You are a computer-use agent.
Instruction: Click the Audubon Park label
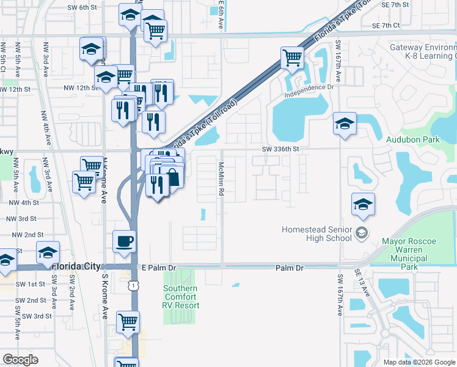(413, 139)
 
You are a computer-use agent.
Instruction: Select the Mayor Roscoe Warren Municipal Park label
(409, 254)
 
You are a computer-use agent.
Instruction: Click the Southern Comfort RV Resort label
(180, 297)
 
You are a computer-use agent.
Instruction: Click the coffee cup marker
(124, 241)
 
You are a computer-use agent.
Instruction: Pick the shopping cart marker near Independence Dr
(293, 58)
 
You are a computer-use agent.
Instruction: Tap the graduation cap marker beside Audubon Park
(345, 124)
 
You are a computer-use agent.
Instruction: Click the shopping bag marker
(173, 178)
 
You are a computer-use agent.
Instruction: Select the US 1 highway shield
(133, 285)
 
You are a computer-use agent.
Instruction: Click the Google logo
(20, 360)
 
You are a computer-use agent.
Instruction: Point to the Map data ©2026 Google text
(419, 362)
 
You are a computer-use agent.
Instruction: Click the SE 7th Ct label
(386, 26)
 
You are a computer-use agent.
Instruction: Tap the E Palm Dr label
(158, 267)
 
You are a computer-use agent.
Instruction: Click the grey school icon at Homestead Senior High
(362, 232)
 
